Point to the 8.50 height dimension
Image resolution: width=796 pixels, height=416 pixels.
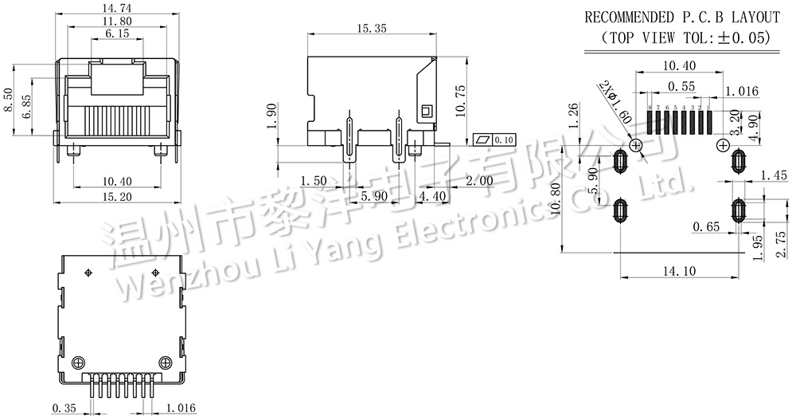pos(9,101)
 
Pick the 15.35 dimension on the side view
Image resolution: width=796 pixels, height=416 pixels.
pos(373,28)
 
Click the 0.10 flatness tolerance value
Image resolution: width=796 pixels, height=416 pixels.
pos(504,139)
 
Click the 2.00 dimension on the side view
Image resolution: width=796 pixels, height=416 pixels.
pos(478,181)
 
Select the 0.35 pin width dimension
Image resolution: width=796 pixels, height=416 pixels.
pos(64,408)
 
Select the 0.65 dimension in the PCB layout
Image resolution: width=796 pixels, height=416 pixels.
pos(705,227)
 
